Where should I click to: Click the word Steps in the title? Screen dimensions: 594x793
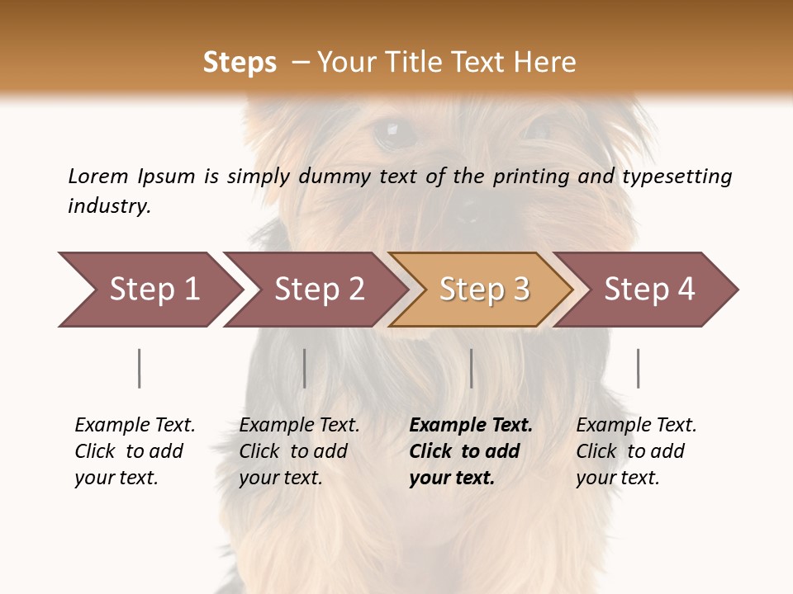click(240, 63)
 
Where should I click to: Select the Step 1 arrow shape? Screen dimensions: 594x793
click(149, 290)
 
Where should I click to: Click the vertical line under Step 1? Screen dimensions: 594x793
click(140, 368)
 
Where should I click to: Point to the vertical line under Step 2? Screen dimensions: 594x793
click(305, 368)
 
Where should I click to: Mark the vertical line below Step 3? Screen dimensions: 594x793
click(471, 368)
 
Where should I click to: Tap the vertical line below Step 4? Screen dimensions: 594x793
click(638, 368)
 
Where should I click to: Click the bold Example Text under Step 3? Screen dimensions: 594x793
click(471, 426)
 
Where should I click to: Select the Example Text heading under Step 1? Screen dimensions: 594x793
click(135, 426)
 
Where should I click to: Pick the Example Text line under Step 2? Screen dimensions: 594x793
click(299, 426)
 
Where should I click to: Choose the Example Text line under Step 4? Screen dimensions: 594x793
click(636, 426)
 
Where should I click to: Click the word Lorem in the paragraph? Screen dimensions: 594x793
click(98, 177)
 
